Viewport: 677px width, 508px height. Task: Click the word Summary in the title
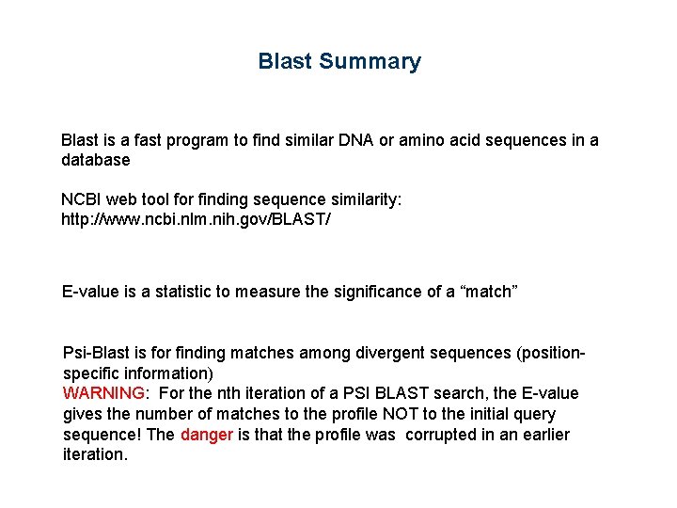point(370,62)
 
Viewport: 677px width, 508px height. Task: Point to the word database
point(95,161)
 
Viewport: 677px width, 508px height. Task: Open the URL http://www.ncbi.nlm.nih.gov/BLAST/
point(196,219)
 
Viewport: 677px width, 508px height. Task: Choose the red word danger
point(206,435)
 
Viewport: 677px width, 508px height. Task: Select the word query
point(534,414)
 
